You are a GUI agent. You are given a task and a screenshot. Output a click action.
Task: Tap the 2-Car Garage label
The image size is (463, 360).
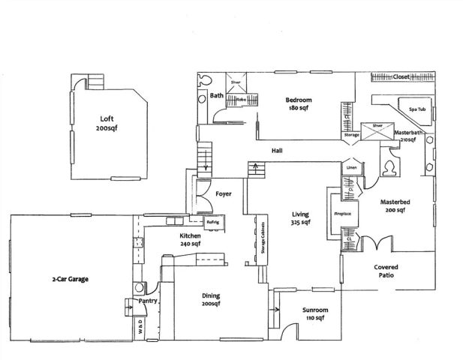coord(71,279)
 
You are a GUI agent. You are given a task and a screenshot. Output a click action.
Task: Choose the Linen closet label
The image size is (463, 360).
coord(350,167)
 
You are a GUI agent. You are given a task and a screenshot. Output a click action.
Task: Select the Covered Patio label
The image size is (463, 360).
coord(386,271)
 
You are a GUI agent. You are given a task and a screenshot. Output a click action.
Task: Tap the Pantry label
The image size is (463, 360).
coord(146,301)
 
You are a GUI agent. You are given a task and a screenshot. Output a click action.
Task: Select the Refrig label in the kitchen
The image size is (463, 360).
coord(212,223)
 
